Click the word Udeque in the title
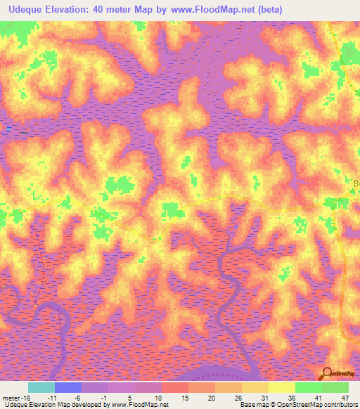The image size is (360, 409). pos(26,10)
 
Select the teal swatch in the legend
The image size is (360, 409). pos(41,387)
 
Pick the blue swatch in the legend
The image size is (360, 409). pos(68,387)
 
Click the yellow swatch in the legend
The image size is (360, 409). pos(282,387)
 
